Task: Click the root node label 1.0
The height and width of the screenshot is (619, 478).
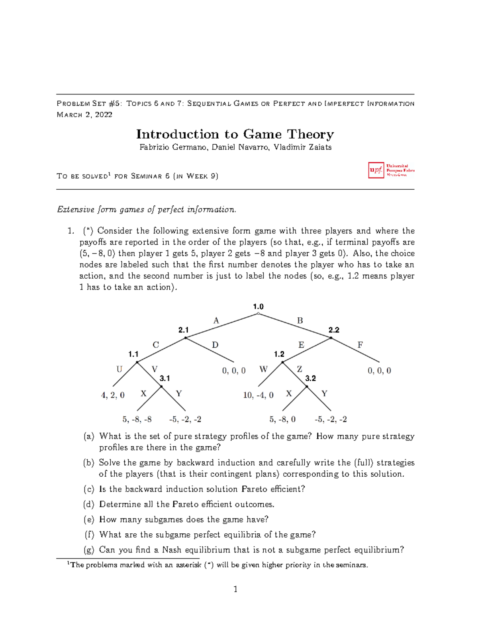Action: [x=258, y=307]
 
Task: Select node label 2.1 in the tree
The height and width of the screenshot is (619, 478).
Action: [x=183, y=330]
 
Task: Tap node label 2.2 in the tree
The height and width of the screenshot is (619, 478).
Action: [x=334, y=330]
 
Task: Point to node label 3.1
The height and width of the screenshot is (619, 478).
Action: [x=165, y=378]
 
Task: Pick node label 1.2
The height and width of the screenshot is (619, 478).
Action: [x=279, y=354]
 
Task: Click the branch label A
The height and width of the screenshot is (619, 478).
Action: [x=216, y=320]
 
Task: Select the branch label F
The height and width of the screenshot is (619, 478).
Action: [x=360, y=345]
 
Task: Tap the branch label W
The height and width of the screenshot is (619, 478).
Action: [x=263, y=369]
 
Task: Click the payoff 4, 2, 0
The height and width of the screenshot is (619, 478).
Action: [x=113, y=395]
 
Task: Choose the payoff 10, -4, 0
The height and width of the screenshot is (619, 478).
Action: [x=258, y=395]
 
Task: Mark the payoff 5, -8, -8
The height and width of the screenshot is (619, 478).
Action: [x=137, y=419]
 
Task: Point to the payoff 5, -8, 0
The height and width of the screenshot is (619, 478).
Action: [x=282, y=419]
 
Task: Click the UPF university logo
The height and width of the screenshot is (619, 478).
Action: [x=391, y=170]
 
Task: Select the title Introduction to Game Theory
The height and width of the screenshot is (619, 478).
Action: [x=235, y=134]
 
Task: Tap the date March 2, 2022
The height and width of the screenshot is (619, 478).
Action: [x=84, y=115]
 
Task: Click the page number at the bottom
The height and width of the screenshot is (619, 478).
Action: [x=235, y=589]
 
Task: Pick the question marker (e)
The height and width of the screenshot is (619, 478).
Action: [x=88, y=519]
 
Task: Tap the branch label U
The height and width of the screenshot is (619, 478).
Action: [x=119, y=369]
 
